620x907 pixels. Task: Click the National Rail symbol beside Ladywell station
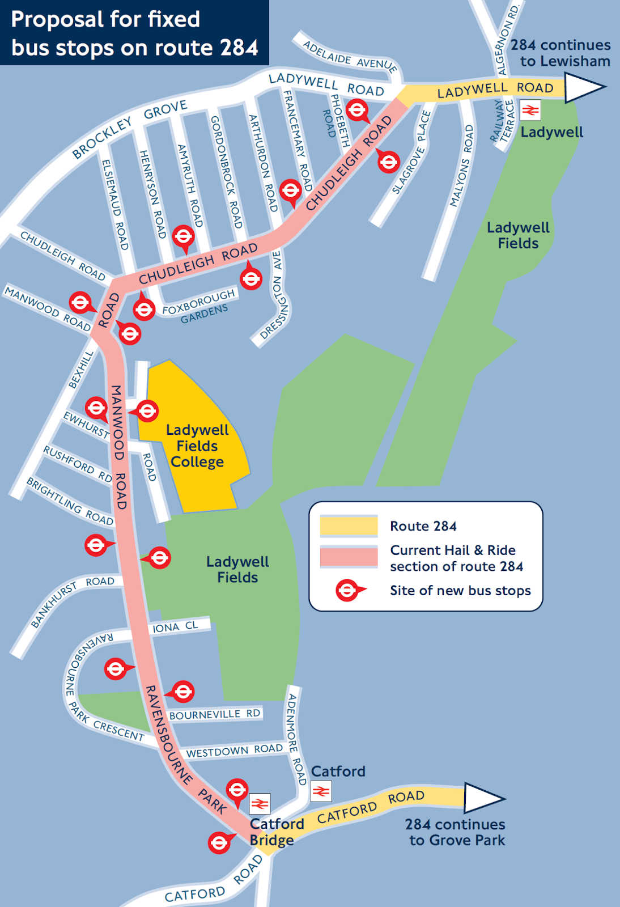pos(530,110)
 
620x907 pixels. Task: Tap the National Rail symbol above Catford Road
pos(321,791)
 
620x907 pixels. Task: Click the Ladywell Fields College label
pos(197,446)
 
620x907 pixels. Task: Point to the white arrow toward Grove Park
pos(483,798)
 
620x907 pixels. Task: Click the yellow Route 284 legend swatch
pos(349,526)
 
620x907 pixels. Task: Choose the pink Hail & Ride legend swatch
pos(349,557)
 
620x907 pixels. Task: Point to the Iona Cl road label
pos(175,627)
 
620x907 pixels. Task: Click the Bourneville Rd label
pos(215,714)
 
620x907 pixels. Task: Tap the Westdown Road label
pos(234,751)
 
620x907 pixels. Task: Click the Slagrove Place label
pos(412,152)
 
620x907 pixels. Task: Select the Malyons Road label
pos(461,166)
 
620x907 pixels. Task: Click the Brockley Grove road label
pos(130,129)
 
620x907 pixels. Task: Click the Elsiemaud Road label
pos(115,204)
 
